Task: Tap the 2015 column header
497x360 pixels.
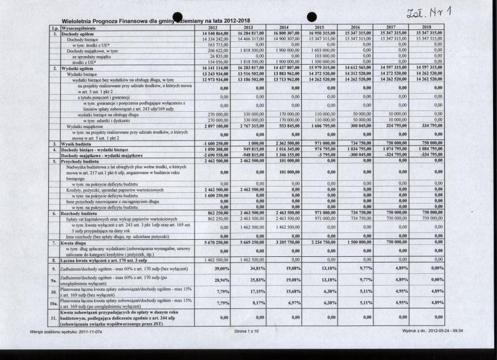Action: (x=319, y=27)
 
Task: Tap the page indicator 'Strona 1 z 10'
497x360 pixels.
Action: (x=246, y=331)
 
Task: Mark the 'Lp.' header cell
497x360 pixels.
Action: (x=56, y=27)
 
